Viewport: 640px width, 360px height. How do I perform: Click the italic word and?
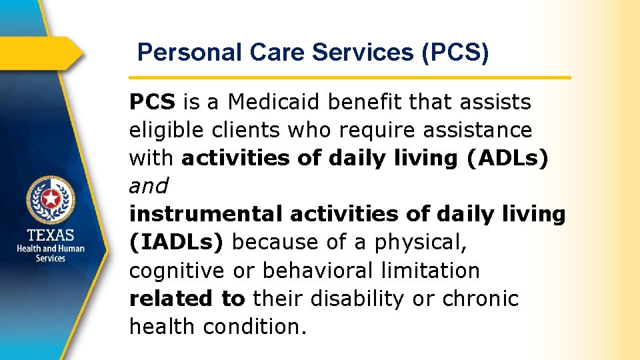[149, 186]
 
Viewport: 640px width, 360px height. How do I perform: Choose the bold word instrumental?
[207, 214]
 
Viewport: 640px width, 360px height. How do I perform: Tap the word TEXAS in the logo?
[51, 235]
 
